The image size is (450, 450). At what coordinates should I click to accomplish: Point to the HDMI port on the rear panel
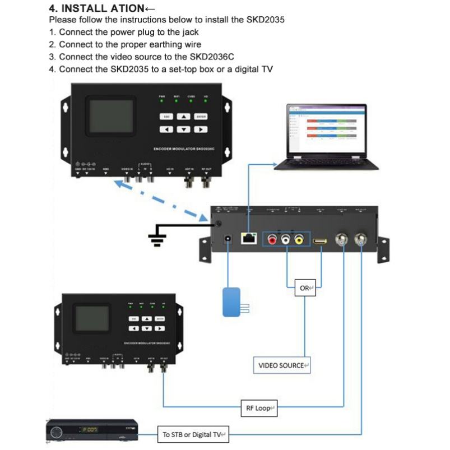coord(321,241)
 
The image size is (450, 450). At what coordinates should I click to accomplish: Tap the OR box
coord(305,289)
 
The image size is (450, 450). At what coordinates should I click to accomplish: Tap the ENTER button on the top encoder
coord(201,117)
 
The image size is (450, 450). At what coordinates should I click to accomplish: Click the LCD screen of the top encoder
coord(110,117)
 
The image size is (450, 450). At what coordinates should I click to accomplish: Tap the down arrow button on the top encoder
coord(183,129)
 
